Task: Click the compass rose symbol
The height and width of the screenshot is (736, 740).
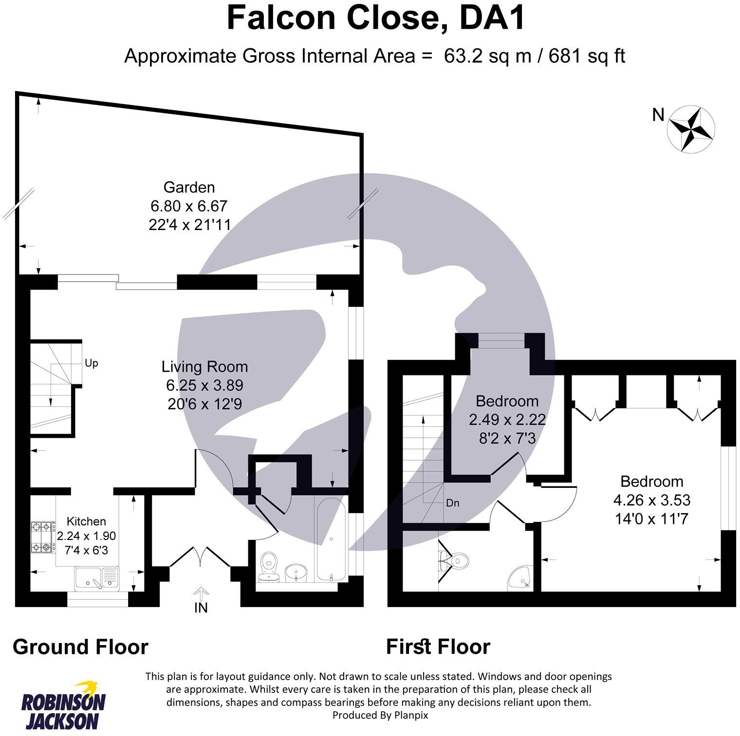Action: point(690,128)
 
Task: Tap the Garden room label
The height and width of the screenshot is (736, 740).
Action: point(189,187)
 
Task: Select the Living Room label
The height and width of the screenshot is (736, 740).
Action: point(204,366)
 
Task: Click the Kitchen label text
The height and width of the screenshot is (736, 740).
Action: point(86,521)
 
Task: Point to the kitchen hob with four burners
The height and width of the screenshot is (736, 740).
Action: point(42,537)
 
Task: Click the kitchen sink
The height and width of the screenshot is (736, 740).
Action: point(97,577)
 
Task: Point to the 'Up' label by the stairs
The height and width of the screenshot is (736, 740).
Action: point(92,363)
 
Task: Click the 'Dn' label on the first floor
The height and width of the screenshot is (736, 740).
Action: point(453,503)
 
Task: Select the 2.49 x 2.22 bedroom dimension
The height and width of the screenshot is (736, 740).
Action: point(507,419)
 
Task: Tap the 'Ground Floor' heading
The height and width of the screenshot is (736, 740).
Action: point(80,647)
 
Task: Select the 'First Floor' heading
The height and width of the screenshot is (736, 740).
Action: point(438,647)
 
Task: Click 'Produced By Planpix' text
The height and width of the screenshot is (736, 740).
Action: point(380,715)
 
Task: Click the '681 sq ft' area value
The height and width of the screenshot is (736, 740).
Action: point(587,56)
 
